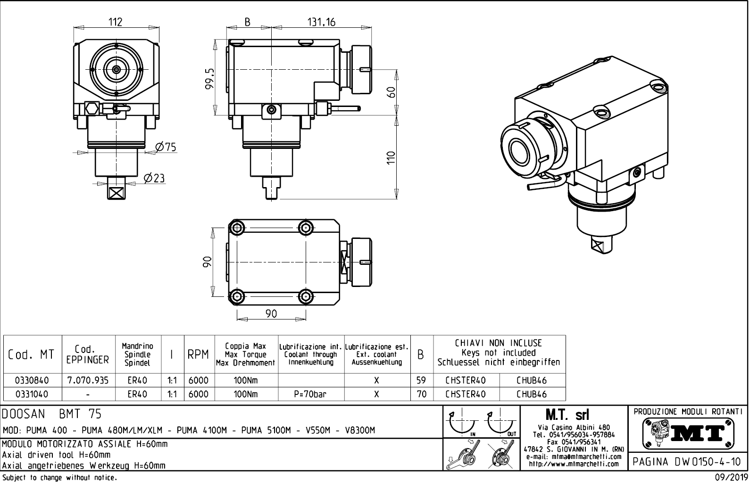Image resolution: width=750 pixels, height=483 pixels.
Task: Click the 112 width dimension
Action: point(116,22)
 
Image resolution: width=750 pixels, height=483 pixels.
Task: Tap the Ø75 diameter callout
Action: point(166,147)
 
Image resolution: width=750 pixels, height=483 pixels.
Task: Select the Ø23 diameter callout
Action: point(154,178)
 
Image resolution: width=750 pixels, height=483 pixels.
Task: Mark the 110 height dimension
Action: point(390,157)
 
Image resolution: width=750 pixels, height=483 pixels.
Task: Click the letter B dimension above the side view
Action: point(248,22)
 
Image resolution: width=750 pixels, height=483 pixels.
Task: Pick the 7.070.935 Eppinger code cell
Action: point(88,380)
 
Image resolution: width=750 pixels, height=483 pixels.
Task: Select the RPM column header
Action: point(199,355)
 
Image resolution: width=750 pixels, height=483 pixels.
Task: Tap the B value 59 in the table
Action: point(422,380)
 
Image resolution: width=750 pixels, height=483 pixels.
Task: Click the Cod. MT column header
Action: point(31,355)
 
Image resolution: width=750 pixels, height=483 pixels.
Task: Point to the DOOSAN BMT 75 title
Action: point(52,414)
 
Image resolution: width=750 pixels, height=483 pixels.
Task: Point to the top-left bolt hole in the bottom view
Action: point(237,229)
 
